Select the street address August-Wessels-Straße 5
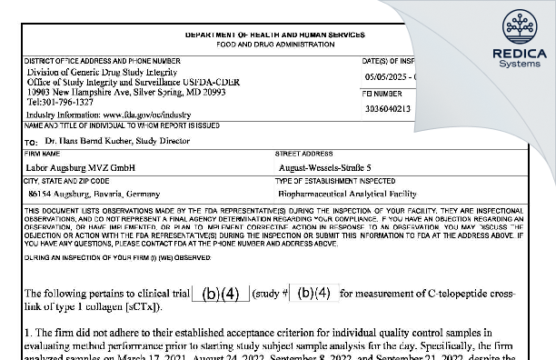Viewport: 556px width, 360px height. [325, 168]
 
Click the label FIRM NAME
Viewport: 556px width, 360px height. [45, 156]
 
